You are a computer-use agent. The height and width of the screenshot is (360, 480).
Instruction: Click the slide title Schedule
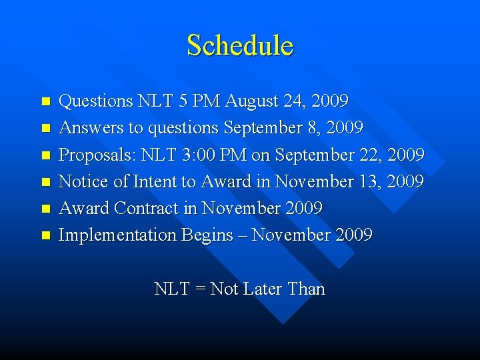click(240, 45)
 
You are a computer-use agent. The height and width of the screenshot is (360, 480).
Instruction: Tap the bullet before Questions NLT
click(45, 102)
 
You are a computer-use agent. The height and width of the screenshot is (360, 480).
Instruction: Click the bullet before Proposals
click(45, 155)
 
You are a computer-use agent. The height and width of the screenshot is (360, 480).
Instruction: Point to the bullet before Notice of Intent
click(45, 182)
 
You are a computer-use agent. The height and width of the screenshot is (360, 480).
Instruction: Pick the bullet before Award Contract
click(45, 209)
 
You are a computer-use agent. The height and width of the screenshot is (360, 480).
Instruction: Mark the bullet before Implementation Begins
click(45, 235)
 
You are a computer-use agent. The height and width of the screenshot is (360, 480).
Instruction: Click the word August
click(253, 101)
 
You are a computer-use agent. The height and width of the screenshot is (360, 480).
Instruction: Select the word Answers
click(87, 128)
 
